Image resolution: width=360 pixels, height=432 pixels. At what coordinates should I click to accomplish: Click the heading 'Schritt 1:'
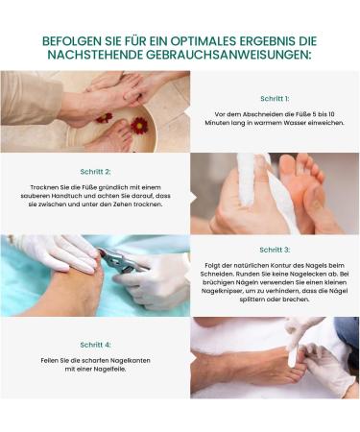click(275, 99)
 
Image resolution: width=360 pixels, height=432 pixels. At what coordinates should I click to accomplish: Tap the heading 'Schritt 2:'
click(95, 172)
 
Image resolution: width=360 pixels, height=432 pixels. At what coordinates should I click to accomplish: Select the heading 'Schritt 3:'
click(275, 250)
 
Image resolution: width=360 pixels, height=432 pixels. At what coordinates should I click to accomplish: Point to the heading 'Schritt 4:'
click(95, 345)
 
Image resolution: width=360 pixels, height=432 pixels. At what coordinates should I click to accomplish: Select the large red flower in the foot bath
click(139, 125)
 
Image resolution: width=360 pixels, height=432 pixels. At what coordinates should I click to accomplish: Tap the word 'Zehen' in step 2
click(122, 204)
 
